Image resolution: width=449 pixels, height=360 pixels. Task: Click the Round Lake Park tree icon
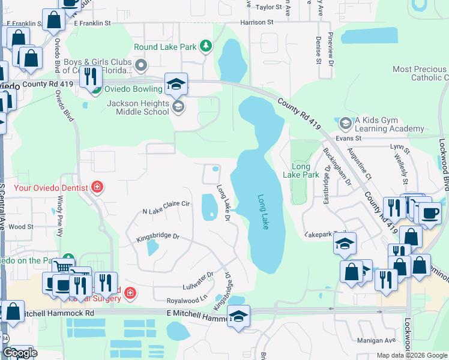pos(206,46)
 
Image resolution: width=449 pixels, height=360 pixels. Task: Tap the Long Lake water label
pos(263,211)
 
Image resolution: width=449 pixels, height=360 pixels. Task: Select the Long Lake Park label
pos(301,170)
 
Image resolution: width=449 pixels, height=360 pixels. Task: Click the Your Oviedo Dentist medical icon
pos(97,188)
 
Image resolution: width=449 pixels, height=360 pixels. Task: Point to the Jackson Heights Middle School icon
pos(178,107)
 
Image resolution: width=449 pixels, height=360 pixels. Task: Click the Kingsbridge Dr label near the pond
pos(157,236)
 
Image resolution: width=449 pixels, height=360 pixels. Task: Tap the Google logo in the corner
pos(20,353)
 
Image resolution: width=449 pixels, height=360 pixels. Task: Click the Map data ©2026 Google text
pos(412,355)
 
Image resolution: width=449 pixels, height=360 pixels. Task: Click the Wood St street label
pos(21,227)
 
